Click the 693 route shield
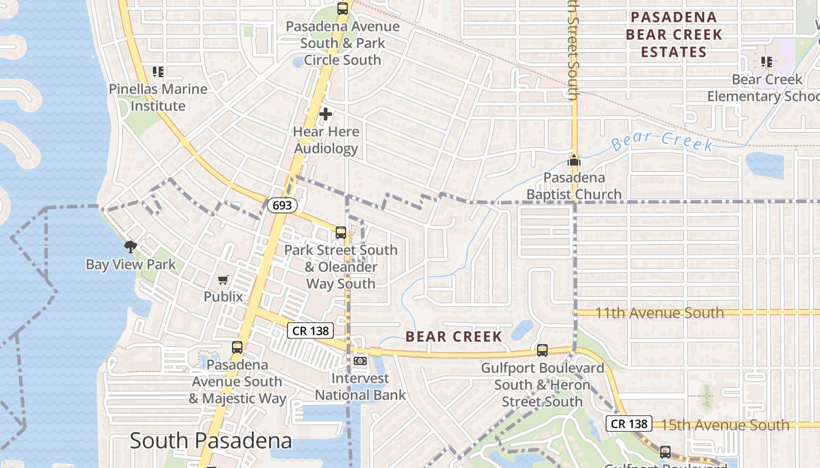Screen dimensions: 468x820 click(283, 205)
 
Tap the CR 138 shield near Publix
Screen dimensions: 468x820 click(310, 331)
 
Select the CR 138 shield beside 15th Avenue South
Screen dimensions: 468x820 click(629, 424)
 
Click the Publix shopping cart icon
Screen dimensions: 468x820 click(223, 280)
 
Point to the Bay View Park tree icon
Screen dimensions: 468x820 click(130, 247)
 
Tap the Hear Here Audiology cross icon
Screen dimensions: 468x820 click(326, 114)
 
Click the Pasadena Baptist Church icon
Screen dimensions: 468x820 click(573, 160)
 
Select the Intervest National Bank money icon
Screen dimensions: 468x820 click(360, 361)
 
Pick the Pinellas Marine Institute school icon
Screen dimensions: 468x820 click(158, 72)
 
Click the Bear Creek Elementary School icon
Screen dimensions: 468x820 click(766, 61)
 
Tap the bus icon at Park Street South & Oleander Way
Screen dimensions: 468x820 click(341, 233)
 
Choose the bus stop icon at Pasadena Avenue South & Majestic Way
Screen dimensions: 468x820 click(237, 347)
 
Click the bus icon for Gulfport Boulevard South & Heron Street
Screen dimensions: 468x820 click(542, 350)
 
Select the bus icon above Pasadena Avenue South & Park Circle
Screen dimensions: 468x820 click(343, 9)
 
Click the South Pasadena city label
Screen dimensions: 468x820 click(211, 441)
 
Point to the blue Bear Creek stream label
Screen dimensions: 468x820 click(662, 141)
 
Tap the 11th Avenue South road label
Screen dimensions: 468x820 click(660, 312)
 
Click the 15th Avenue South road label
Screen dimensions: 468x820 click(721, 425)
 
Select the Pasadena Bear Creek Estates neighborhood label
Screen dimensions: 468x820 click(674, 35)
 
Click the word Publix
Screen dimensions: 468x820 click(223, 297)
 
